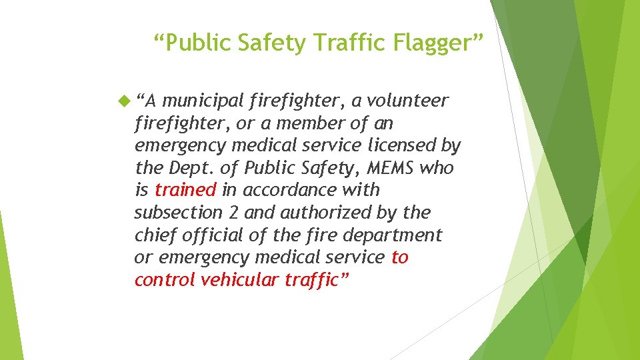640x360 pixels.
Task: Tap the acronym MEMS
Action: [x=387, y=168]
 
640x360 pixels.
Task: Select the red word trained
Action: [x=185, y=190]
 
